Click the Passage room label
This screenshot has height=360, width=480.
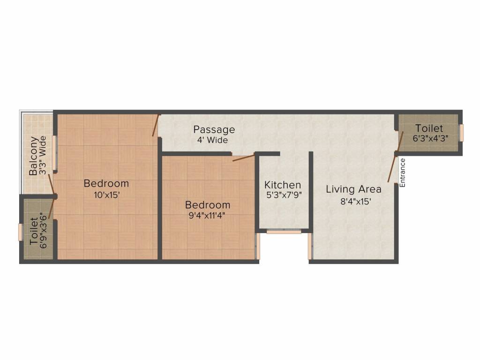click(214, 129)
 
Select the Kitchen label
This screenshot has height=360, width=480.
click(283, 185)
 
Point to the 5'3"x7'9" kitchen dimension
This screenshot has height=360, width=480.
click(283, 195)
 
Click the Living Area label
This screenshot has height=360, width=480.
click(353, 189)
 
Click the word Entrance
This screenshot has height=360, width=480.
click(402, 172)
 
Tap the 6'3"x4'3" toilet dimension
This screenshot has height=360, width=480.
click(430, 139)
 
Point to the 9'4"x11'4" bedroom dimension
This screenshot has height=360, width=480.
click(208, 216)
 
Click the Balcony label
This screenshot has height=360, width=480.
click(33, 156)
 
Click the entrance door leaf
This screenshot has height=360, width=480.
click(392, 170)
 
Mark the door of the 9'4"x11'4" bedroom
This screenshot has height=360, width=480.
click(244, 157)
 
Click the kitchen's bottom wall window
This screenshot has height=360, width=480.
click(284, 231)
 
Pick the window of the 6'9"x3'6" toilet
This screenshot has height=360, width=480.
click(20, 232)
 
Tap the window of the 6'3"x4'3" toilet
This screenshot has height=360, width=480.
click(461, 133)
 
